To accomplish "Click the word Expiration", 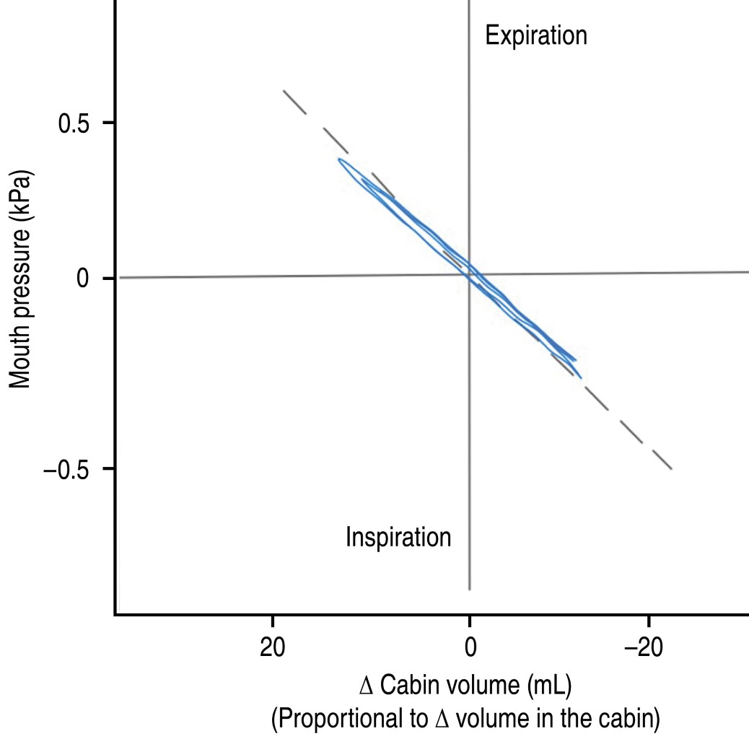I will coord(536,35).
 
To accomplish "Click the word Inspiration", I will coord(398,538).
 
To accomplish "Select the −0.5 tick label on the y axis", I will coord(71,469).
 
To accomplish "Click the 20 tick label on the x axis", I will coord(272,647).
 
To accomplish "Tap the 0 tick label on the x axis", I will coord(470,647).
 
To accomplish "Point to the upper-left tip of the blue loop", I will coord(339,160).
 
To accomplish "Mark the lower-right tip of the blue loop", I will coord(580,377).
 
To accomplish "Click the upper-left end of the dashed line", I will coord(284,91).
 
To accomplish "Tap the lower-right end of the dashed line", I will coord(672,468).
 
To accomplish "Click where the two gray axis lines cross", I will coord(470,275).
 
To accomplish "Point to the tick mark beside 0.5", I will coord(108,123).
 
